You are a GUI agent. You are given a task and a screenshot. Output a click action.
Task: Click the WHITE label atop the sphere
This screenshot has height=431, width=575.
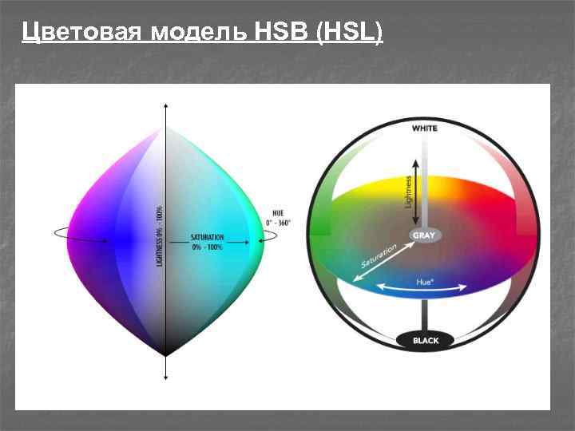point(425,128)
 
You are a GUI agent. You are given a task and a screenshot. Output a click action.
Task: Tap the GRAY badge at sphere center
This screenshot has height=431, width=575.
point(423,236)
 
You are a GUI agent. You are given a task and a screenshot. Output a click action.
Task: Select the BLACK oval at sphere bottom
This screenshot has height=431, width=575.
point(426,341)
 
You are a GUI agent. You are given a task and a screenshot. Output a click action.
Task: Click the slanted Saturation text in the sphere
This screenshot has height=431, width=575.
point(379,256)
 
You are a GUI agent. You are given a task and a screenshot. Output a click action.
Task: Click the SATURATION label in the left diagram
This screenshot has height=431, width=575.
point(207,238)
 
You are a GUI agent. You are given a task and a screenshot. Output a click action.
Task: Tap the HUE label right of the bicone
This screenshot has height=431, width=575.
point(278,213)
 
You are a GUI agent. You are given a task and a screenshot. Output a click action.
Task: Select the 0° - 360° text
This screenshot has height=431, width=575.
point(279,222)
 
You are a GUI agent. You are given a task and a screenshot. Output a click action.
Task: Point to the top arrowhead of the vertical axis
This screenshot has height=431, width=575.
point(165,106)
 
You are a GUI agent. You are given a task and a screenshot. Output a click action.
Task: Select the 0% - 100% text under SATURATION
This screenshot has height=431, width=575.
point(207,247)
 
